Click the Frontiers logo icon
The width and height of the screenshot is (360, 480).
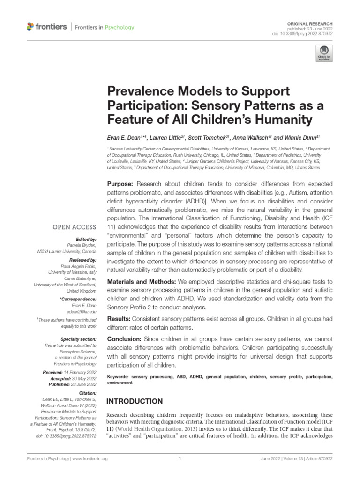point(31,27)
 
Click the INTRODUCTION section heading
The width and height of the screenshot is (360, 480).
point(135,401)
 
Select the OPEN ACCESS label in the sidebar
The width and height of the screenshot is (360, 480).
point(77,227)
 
